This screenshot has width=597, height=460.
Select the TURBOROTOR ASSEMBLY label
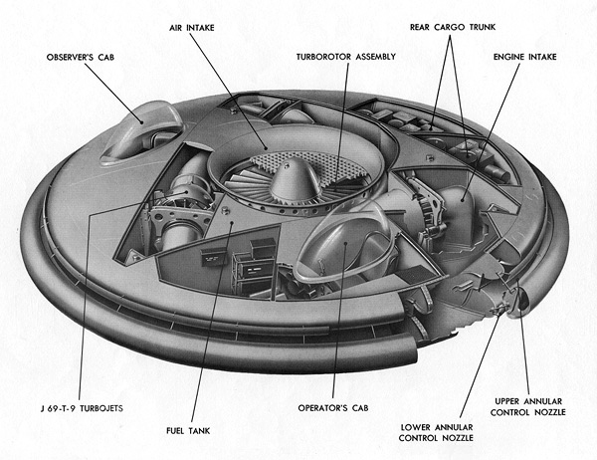(x=346, y=58)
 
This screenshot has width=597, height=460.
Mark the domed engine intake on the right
(x=460, y=209)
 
